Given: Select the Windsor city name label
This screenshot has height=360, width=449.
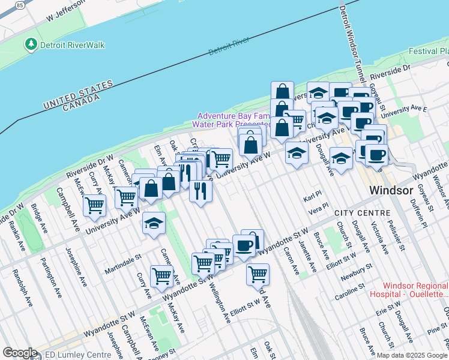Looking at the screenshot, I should point(390,190).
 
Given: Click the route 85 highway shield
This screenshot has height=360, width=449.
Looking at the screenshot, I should point(20,5).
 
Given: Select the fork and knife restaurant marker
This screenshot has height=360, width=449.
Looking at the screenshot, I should point(200,191).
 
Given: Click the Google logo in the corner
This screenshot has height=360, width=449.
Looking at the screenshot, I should point(20,353).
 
